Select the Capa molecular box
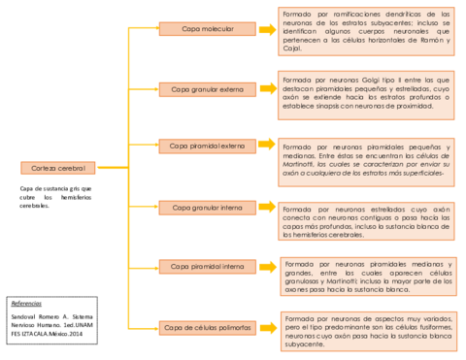tap(208, 29)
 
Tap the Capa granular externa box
tap(208, 89)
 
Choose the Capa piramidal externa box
tap(208, 147)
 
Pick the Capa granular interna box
tap(208, 207)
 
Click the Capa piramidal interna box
tap(208, 266)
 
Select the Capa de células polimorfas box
tap(208, 327)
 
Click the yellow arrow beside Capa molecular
tap(266, 29)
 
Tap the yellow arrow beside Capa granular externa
tap(266, 89)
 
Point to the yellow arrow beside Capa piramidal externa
tap(266, 147)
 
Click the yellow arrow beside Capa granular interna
tap(266, 207)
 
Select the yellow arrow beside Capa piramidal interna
tap(266, 266)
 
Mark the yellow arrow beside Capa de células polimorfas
tap(266, 327)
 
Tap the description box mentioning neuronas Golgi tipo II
tap(366, 91)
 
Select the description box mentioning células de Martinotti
tap(366, 160)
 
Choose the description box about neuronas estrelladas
tap(366, 220)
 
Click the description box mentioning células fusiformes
tap(366, 330)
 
